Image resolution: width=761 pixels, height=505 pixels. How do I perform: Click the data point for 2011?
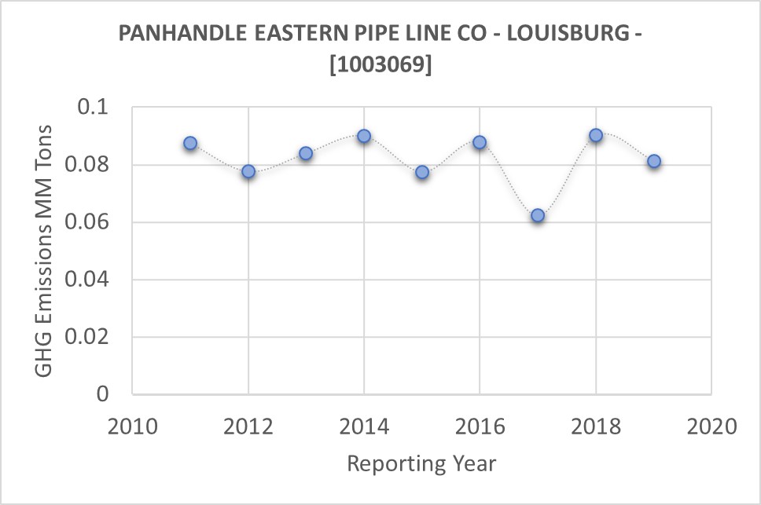tap(190, 144)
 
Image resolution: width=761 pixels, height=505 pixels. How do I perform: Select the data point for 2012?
tap(248, 171)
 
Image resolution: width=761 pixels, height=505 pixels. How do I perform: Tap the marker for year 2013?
tap(306, 153)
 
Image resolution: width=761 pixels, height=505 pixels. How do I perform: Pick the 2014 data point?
tap(364, 136)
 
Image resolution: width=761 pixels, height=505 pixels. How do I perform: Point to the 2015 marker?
tap(422, 172)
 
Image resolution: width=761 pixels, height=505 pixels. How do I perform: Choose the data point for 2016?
tap(480, 142)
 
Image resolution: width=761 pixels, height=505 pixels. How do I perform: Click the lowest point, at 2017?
tap(538, 215)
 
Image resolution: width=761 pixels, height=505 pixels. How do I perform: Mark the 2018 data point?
tap(596, 135)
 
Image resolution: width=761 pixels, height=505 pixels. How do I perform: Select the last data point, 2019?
tap(654, 162)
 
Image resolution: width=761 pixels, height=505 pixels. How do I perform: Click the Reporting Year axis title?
tap(421, 463)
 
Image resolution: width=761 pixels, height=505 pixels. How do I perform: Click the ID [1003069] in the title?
tap(380, 67)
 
